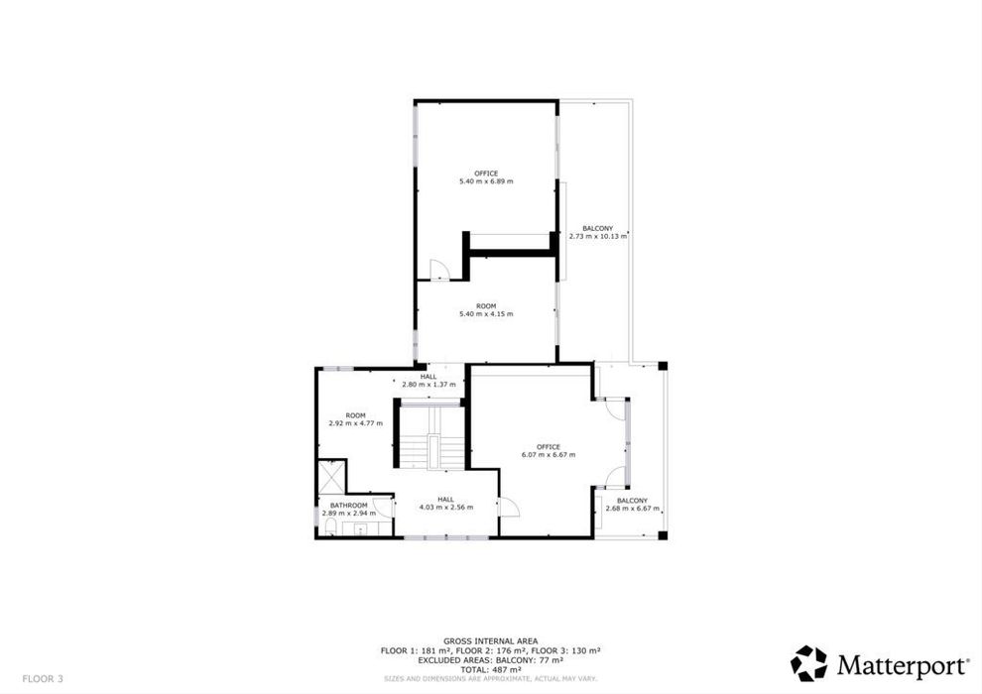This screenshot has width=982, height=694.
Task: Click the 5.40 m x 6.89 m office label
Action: tap(486, 177)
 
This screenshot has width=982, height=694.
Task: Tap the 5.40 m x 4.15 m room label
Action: tap(486, 309)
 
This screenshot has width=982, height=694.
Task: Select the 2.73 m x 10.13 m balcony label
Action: tap(597, 233)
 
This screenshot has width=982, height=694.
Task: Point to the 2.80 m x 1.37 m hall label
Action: tap(429, 381)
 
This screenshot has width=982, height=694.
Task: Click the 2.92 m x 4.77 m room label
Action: tap(355, 419)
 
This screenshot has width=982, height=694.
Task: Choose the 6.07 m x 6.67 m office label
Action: tap(548, 450)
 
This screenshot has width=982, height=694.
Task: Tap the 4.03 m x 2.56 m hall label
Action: tap(446, 503)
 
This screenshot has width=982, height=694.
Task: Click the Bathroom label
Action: tap(349, 505)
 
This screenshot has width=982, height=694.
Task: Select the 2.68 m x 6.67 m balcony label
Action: tap(632, 505)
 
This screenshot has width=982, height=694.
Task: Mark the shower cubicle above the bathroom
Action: tap(331, 476)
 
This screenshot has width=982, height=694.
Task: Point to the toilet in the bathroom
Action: tap(330, 526)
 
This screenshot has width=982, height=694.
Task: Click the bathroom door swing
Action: tap(383, 507)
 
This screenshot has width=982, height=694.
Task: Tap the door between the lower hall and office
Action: tap(509, 507)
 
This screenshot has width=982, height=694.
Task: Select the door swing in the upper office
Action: tap(439, 270)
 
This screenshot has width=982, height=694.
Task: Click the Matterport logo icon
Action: tap(809, 663)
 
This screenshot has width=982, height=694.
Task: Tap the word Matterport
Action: tap(902, 666)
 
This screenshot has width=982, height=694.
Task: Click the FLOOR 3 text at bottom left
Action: tap(43, 678)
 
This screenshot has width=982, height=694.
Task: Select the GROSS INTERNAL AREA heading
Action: tap(490, 640)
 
